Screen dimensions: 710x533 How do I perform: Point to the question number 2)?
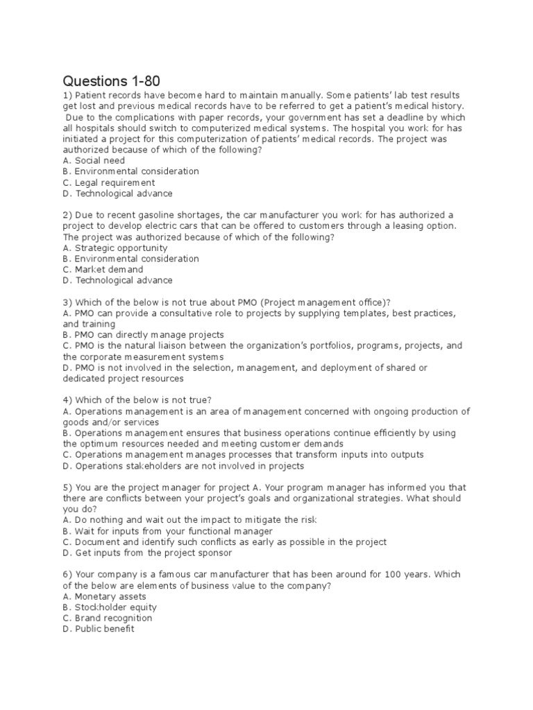67,215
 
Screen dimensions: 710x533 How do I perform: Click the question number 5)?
67,487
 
